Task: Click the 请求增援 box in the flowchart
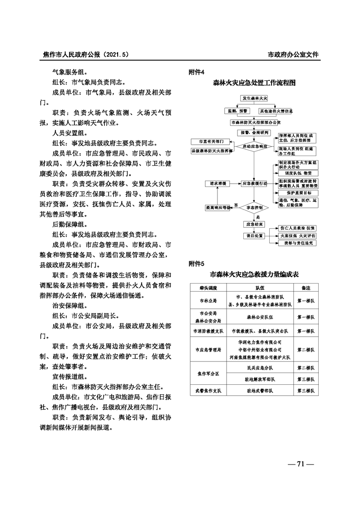click(x=215, y=184)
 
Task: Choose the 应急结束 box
click(x=254, y=224)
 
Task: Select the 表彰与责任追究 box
click(x=296, y=243)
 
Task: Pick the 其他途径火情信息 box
click(x=276, y=111)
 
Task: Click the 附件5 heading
click(x=197, y=264)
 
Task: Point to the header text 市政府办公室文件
click(x=293, y=54)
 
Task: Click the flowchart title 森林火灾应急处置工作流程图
click(x=254, y=83)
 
